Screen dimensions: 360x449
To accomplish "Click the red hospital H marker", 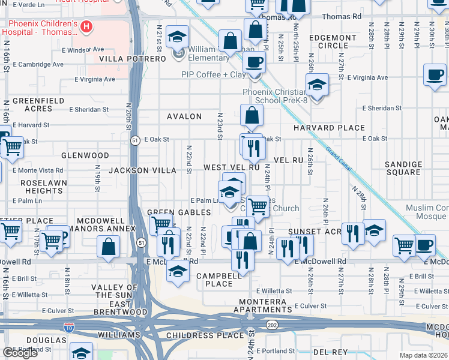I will pyautogui.click(x=87, y=26).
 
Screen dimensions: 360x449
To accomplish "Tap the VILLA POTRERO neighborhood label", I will pyautogui.click(x=132, y=59).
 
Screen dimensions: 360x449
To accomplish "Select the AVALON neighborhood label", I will pyautogui.click(x=184, y=116).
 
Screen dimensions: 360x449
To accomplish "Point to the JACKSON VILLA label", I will pyautogui.click(x=142, y=170).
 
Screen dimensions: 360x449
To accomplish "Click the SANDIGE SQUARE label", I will pyautogui.click(x=403, y=168).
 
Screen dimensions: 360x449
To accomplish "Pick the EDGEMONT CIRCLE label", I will pyautogui.click(x=333, y=41).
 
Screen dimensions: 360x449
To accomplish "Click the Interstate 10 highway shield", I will pyautogui.click(x=68, y=327).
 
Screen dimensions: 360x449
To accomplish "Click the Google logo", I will pyautogui.click(x=20, y=353).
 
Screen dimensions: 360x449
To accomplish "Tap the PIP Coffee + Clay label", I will pyautogui.click(x=214, y=74).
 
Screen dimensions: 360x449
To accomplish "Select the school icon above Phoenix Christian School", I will pyautogui.click(x=317, y=85).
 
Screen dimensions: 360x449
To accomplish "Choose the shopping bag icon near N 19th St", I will pyautogui.click(x=108, y=246).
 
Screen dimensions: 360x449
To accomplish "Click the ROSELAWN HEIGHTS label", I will pyautogui.click(x=42, y=187).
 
